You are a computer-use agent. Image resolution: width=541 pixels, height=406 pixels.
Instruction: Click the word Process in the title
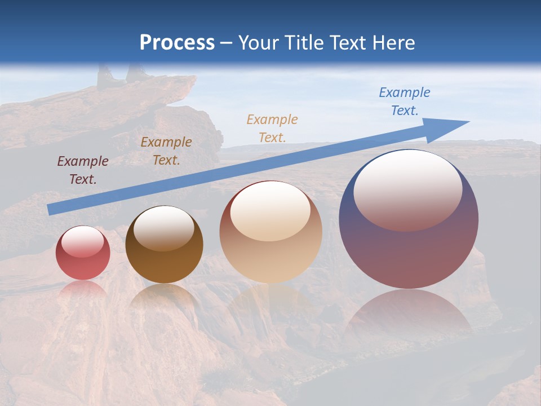[x=177, y=43]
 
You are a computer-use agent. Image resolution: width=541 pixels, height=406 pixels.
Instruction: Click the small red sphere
[x=83, y=253]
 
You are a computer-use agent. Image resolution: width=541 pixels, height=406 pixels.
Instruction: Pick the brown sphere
[x=164, y=245]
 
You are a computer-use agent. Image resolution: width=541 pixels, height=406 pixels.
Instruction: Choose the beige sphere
[x=270, y=232]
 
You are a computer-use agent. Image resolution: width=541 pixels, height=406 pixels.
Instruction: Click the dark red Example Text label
[x=83, y=170]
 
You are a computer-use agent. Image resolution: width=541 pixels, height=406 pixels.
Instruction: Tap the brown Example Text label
[x=166, y=151]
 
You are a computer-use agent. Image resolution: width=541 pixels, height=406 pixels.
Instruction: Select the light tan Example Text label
[x=272, y=128]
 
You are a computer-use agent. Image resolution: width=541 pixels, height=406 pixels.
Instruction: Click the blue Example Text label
[x=405, y=101]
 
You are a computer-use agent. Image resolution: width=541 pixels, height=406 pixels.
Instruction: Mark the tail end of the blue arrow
[x=51, y=210]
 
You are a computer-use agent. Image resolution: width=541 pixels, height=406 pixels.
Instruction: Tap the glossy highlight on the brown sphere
[x=164, y=228]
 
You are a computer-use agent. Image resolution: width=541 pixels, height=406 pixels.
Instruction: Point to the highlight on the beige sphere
[x=270, y=211]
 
